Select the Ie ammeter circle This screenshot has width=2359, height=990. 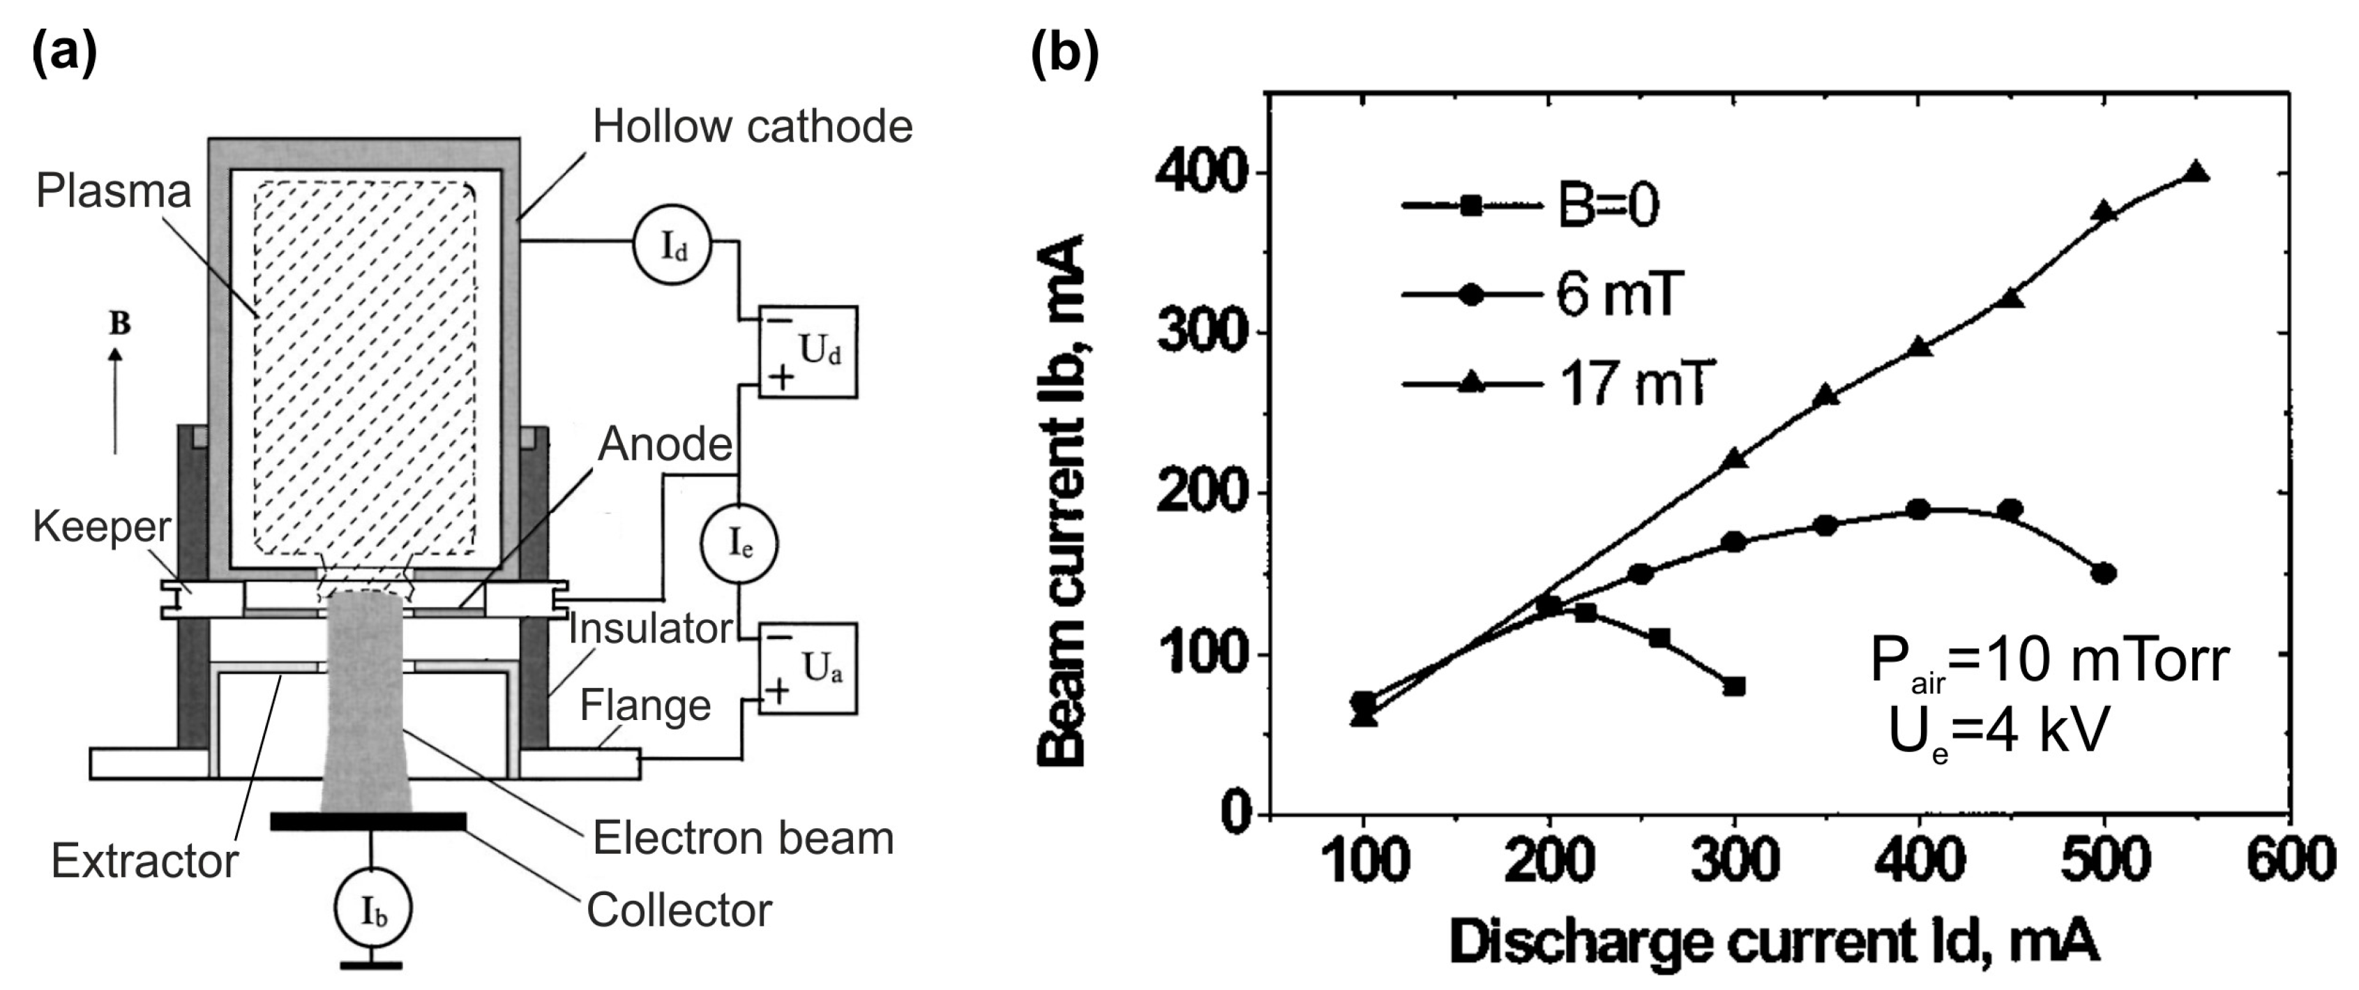tap(739, 544)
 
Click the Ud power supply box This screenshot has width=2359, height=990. tap(808, 351)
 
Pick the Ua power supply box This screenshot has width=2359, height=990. tap(808, 668)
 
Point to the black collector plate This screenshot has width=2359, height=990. tap(368, 821)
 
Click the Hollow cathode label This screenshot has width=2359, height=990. tap(752, 126)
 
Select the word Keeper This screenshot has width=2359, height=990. tap(102, 527)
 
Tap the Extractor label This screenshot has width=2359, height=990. tap(144, 861)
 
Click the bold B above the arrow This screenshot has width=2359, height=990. tap(119, 323)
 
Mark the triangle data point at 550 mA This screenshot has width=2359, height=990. tap(2196, 172)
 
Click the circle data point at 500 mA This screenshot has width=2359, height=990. tap(2104, 574)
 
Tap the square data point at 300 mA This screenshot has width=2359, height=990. tap(1733, 686)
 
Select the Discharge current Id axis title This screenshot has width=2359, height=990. tap(1774, 943)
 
